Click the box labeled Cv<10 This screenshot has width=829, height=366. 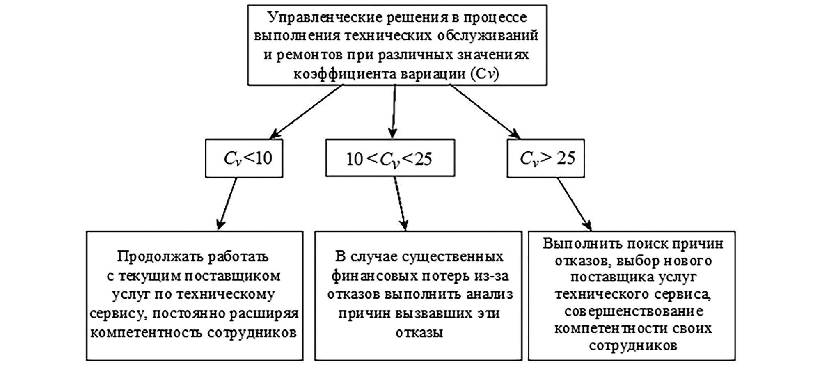click(244, 158)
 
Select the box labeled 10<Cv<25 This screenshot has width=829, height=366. click(390, 158)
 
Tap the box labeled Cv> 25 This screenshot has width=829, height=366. click(545, 158)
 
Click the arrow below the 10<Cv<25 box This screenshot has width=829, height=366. click(400, 204)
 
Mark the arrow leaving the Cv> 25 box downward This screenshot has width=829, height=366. click(574, 204)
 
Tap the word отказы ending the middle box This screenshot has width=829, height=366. click(419, 332)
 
